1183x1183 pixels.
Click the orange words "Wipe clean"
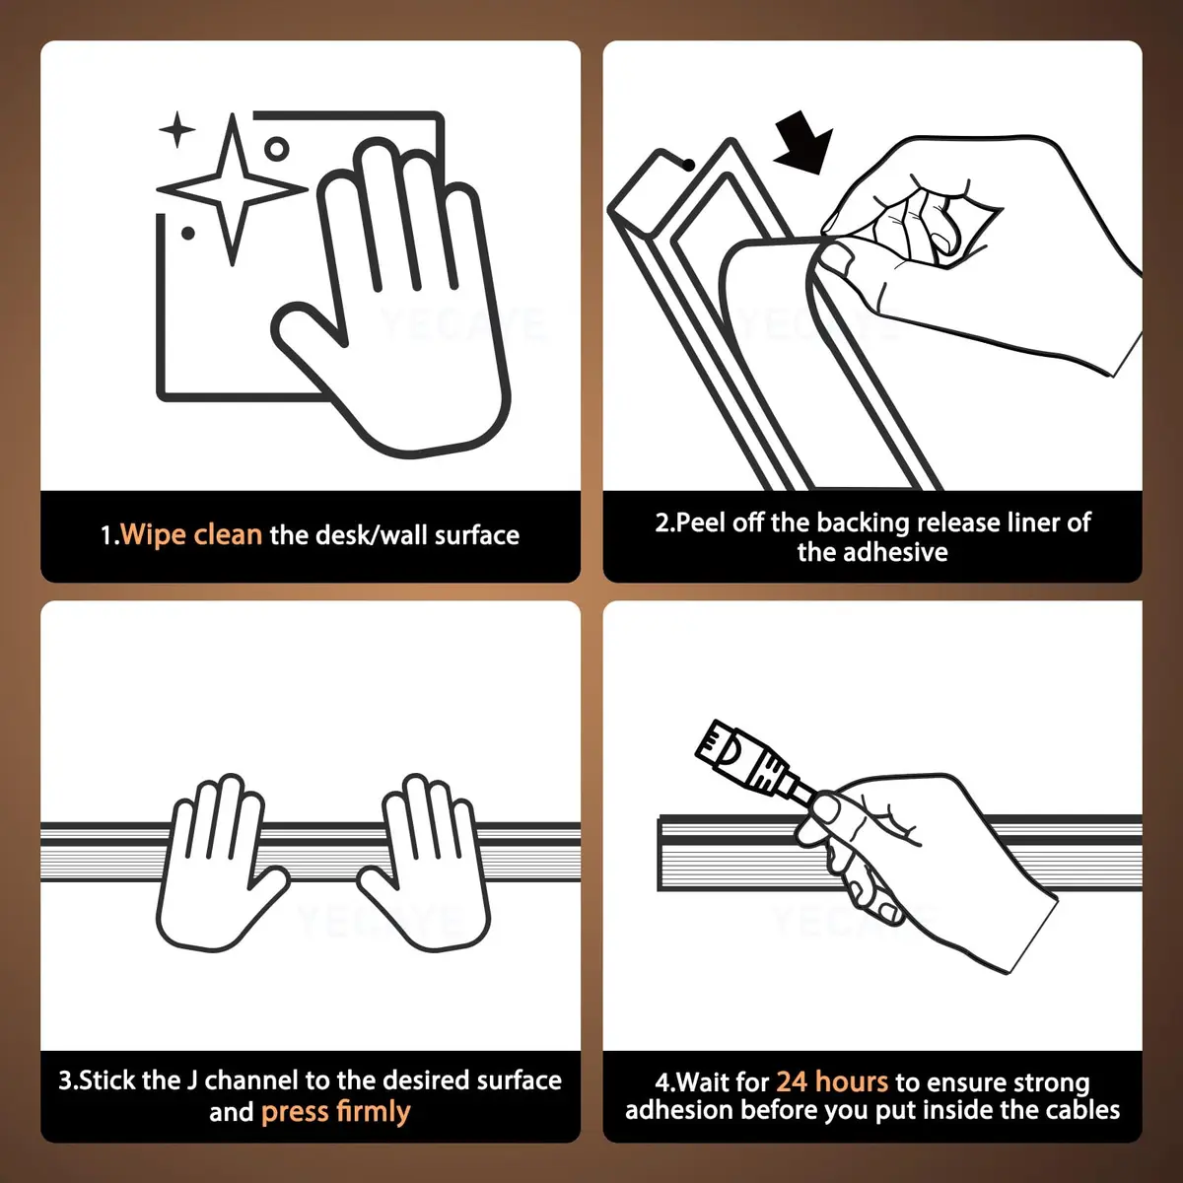click(x=191, y=534)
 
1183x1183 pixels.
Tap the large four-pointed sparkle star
click(x=232, y=189)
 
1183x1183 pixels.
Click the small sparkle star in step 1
click(x=177, y=129)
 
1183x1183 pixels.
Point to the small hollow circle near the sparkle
click(x=276, y=149)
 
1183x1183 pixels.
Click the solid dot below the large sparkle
click(x=188, y=234)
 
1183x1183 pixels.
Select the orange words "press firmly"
click(x=336, y=1112)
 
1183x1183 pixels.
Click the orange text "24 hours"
click(x=832, y=1081)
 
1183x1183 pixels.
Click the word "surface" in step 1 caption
click(x=477, y=535)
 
